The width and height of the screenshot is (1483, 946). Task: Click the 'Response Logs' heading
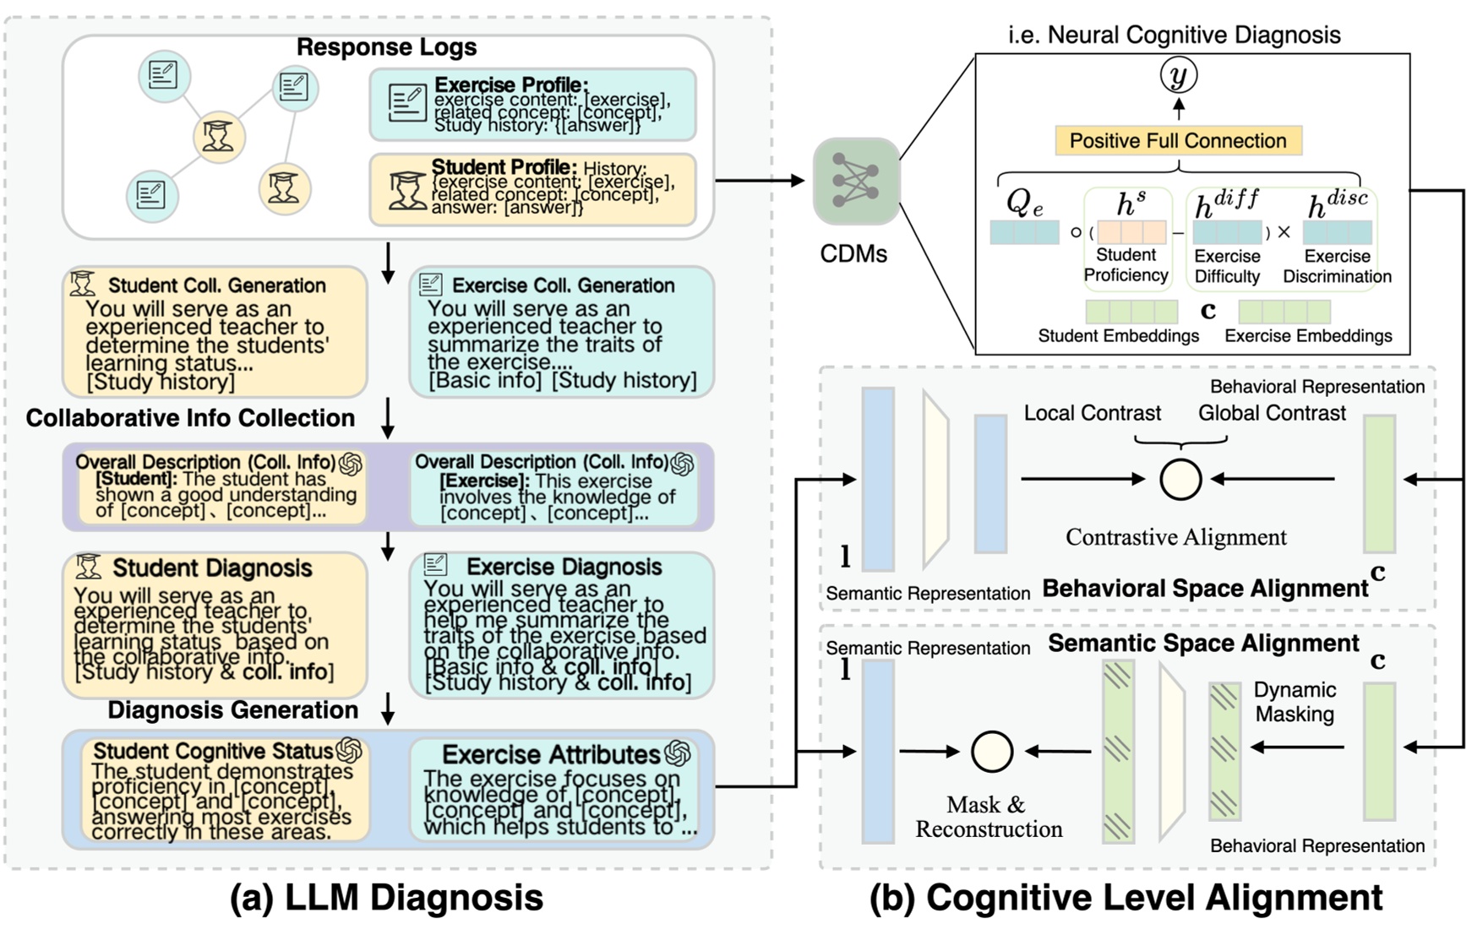pyautogui.click(x=386, y=47)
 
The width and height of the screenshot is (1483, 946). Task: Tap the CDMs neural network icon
pyautogui.click(x=855, y=181)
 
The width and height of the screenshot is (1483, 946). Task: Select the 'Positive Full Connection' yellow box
pyautogui.click(x=1178, y=140)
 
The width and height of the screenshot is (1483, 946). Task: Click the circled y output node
pyautogui.click(x=1178, y=76)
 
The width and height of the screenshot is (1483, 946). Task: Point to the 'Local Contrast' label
pyautogui.click(x=1092, y=413)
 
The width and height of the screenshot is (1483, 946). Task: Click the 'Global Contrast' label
pyautogui.click(x=1271, y=413)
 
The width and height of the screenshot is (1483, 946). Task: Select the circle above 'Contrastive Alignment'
pyautogui.click(x=1180, y=480)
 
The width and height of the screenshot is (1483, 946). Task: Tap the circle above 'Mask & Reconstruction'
pyautogui.click(x=991, y=751)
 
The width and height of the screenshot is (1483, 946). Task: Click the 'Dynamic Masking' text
pyautogui.click(x=1294, y=702)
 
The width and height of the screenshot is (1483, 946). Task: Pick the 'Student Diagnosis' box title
pyautogui.click(x=212, y=568)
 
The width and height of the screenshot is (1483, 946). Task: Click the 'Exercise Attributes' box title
pyautogui.click(x=550, y=754)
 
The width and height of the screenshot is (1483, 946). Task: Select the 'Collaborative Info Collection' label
pyautogui.click(x=190, y=418)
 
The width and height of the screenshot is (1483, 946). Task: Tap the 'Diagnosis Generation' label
pyautogui.click(x=232, y=709)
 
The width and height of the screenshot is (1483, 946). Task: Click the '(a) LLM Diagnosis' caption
pyautogui.click(x=386, y=898)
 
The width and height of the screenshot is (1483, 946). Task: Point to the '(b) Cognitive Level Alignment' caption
pyautogui.click(x=1126, y=898)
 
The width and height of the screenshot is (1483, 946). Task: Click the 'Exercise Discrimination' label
pyautogui.click(x=1336, y=266)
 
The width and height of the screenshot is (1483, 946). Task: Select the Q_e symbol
pyautogui.click(x=1023, y=203)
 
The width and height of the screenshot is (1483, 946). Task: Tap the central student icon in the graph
pyautogui.click(x=219, y=137)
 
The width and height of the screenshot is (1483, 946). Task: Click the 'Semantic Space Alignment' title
pyautogui.click(x=1202, y=643)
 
